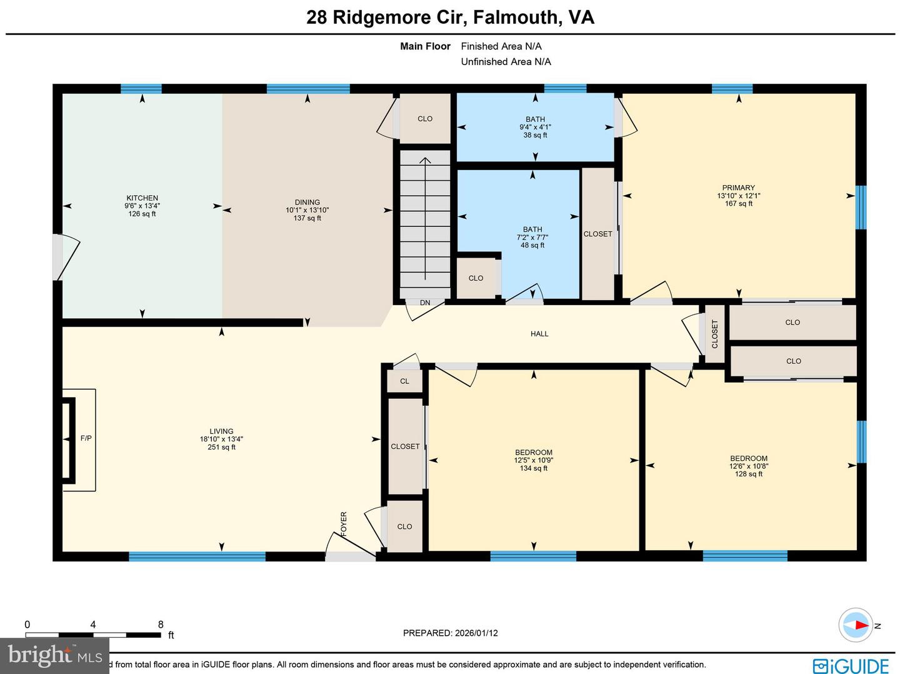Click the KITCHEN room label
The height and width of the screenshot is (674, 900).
coord(142,198)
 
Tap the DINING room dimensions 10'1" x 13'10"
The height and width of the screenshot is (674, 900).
coord(307,210)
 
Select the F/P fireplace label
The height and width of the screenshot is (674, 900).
coord(86,438)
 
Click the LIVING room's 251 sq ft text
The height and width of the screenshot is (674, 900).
coord(221,447)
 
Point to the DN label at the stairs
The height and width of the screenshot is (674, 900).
coord(425,303)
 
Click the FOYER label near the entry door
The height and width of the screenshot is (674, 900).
coord(344,524)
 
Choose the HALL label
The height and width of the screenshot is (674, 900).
coord(539,334)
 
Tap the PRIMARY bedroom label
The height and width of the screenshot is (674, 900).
coord(738,188)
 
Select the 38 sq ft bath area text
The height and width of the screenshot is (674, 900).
coord(535,135)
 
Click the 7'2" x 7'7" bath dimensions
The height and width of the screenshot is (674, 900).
coord(532,238)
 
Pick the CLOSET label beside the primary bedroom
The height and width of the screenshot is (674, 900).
coord(597,234)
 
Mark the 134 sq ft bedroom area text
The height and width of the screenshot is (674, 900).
coord(533,468)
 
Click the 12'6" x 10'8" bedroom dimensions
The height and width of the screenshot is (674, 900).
coord(748,466)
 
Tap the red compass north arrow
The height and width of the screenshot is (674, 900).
coord(861,625)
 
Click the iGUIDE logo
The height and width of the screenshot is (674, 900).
coord(851,665)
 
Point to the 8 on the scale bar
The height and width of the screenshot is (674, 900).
coord(161,625)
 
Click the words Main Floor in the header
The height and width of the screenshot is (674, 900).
coord(425,46)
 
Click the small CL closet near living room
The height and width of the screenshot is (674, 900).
coord(404,381)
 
